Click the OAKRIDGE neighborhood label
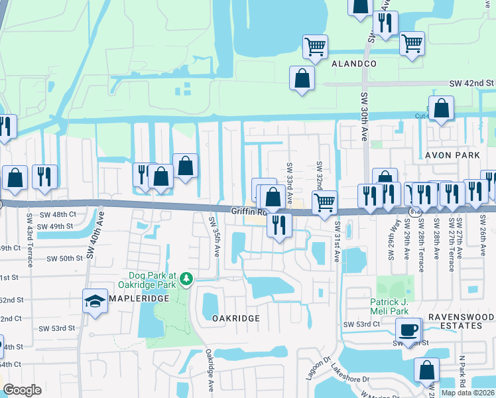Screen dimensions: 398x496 coord(235,318)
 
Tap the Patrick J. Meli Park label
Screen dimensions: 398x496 coord(395,306)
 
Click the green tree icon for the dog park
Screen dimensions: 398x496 coord(188,279)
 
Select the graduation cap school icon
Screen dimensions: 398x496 coord(95,300)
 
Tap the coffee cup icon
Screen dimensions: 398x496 coord(408,330)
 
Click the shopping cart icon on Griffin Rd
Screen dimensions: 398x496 coord(324,202)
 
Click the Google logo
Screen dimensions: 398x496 coord(22,390)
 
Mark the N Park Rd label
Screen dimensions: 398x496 coord(460,371)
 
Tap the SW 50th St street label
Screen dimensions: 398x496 coord(56,257)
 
